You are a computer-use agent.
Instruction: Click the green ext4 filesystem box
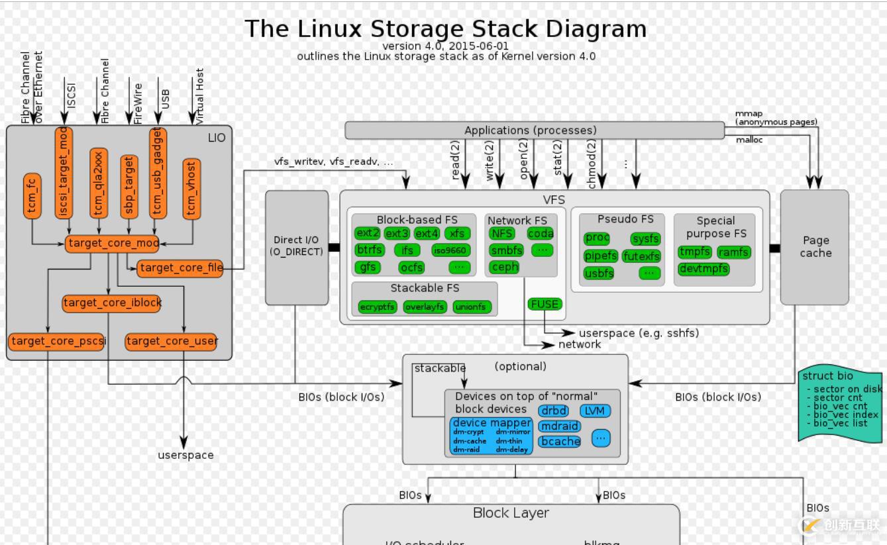click(427, 233)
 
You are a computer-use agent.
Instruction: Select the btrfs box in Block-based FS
click(369, 250)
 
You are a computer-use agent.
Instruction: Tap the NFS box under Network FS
click(502, 233)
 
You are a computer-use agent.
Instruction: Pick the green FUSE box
click(545, 304)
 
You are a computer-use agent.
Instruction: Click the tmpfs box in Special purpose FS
click(695, 252)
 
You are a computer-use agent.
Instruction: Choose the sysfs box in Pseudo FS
click(645, 238)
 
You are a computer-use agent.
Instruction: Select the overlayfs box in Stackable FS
click(425, 307)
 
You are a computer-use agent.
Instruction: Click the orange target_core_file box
click(180, 268)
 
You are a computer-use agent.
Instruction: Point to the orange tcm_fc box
click(32, 195)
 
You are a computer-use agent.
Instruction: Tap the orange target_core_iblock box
click(112, 303)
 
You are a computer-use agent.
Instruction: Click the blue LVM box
click(595, 411)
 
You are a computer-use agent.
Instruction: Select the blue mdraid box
click(559, 426)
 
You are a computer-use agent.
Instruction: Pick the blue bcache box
click(560, 441)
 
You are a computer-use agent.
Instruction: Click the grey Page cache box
click(815, 247)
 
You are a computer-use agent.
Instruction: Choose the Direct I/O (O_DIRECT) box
click(297, 247)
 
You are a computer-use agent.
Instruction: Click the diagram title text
click(445, 29)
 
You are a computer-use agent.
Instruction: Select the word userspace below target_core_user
click(185, 455)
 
